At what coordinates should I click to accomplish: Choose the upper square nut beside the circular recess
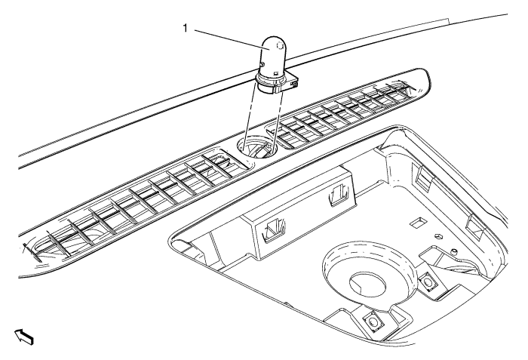428,280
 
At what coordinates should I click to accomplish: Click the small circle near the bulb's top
280,45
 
